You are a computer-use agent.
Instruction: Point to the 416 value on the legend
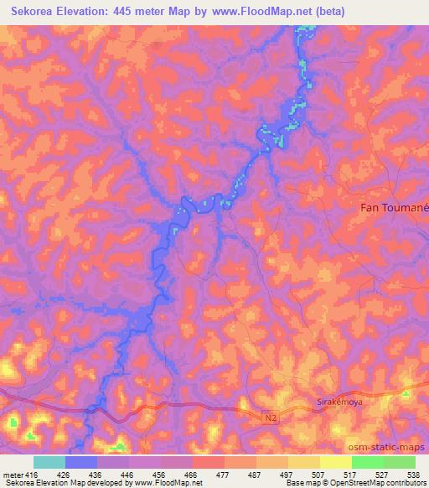coord(26,475)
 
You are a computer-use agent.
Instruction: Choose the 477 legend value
coord(224,475)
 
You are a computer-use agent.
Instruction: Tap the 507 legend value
coord(319,475)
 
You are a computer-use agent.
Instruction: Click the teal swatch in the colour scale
coord(49,462)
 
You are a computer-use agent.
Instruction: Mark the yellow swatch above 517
coord(335,462)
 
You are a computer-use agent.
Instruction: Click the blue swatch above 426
coord(81,462)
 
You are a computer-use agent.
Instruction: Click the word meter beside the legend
coord(12,475)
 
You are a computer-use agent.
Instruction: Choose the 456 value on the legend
coord(159,475)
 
